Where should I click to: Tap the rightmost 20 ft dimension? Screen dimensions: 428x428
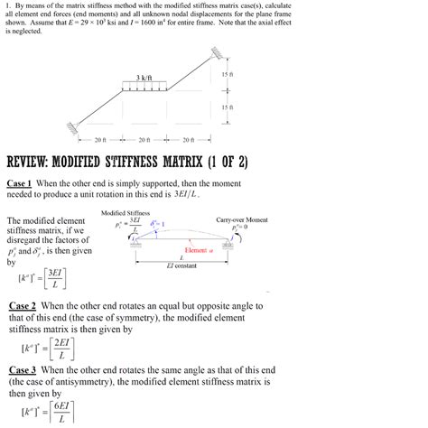tap(187, 140)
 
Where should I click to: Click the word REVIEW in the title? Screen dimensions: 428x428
tap(35, 163)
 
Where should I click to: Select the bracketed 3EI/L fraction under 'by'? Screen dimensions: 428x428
tap(55, 277)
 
